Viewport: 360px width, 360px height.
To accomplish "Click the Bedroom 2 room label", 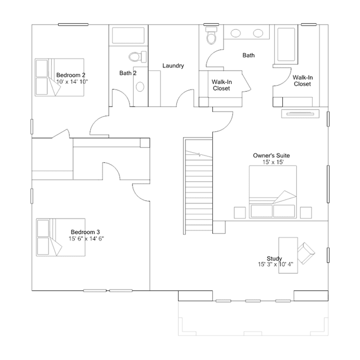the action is pyautogui.click(x=71, y=75).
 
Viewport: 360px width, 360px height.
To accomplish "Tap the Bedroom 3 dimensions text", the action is pyautogui.click(x=86, y=239).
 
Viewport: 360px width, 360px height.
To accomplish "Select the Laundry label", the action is pyautogui.click(x=173, y=66).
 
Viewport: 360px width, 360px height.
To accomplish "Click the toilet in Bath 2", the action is pyautogui.click(x=137, y=56).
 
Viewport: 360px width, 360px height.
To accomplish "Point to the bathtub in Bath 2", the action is pyautogui.click(x=128, y=35).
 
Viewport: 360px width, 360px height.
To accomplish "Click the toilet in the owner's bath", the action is pyautogui.click(x=211, y=35).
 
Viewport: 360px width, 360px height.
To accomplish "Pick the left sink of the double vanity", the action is pyautogui.click(x=235, y=33).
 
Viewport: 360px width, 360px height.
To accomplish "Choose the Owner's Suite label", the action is pyautogui.click(x=272, y=155).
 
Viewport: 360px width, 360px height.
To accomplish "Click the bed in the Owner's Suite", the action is pyautogui.click(x=273, y=192).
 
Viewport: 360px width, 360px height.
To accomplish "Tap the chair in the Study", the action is pyautogui.click(x=306, y=253).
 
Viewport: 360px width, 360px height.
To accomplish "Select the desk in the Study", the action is pyautogui.click(x=288, y=255).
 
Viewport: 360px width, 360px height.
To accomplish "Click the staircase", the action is pyautogui.click(x=198, y=186).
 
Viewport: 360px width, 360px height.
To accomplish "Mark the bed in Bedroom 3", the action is pyautogui.click(x=61, y=237).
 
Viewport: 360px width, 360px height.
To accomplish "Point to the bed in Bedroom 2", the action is pyautogui.click(x=59, y=77).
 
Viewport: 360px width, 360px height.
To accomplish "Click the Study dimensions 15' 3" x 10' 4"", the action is pyautogui.click(x=275, y=264).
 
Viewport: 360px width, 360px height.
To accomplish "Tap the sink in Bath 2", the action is pyautogui.click(x=140, y=87).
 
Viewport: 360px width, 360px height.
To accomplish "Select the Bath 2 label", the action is pyautogui.click(x=128, y=73).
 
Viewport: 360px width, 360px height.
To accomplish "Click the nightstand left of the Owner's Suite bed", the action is pyautogui.click(x=239, y=212).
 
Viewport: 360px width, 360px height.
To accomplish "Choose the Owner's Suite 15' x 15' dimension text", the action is pyautogui.click(x=273, y=162).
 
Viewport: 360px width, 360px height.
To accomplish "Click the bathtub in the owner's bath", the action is pyautogui.click(x=286, y=45).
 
